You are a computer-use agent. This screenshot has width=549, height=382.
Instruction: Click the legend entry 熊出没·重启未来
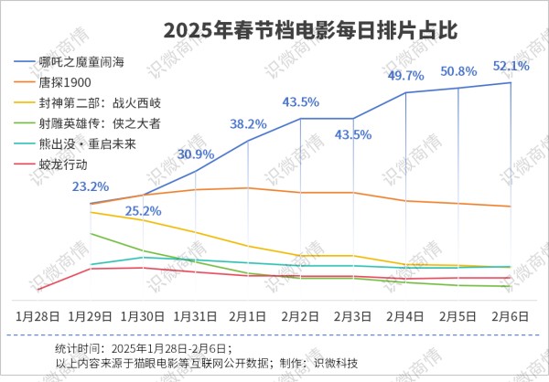[83, 143]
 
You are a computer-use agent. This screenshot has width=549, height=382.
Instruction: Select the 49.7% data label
[406, 76]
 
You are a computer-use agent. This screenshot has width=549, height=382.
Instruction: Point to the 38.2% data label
[248, 123]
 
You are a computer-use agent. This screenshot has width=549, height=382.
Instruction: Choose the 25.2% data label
[143, 211]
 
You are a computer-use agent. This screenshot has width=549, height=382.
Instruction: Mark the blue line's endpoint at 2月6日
[511, 83]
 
